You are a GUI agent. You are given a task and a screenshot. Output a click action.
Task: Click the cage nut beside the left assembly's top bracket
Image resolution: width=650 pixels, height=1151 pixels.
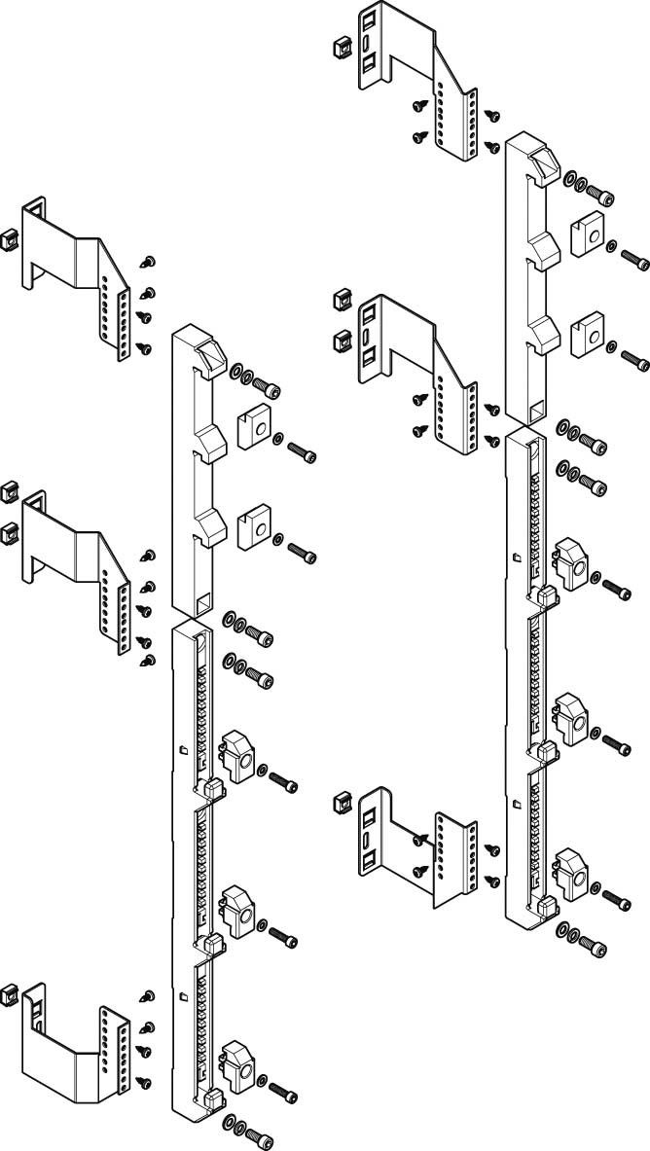(x=10, y=237)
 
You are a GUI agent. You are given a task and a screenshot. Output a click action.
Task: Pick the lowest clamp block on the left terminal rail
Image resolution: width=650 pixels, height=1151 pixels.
(x=238, y=1063)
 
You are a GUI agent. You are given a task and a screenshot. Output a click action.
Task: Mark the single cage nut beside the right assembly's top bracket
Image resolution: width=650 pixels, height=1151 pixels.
(x=342, y=46)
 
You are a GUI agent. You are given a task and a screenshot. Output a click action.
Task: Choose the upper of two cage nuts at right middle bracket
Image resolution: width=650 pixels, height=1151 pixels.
(x=342, y=299)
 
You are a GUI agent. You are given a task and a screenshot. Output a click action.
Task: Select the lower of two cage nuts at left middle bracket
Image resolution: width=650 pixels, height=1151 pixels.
(x=10, y=530)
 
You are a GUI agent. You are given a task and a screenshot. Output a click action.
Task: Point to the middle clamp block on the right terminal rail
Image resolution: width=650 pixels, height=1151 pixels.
(x=570, y=717)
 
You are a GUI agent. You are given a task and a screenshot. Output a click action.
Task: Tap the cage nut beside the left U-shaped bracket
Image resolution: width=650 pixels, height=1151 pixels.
(x=10, y=992)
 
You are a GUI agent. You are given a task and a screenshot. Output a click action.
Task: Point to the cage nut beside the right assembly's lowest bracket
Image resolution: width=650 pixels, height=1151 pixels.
(x=342, y=801)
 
